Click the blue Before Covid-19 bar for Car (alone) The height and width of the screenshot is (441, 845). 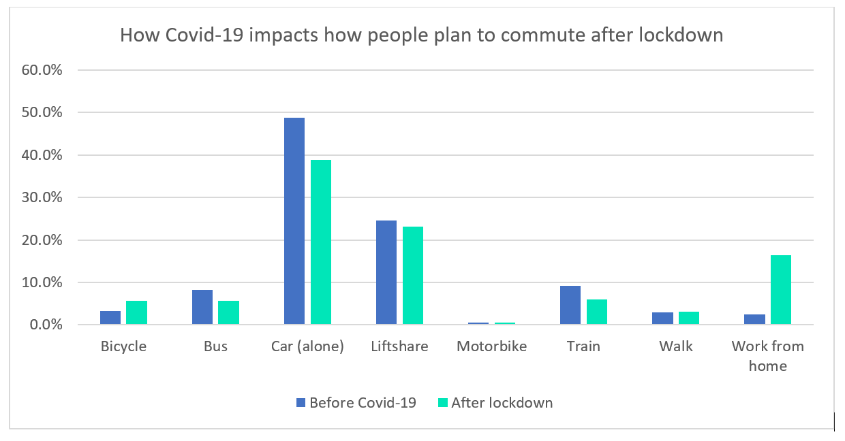pyautogui.click(x=294, y=221)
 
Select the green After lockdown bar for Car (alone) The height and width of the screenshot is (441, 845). pyautogui.click(x=321, y=242)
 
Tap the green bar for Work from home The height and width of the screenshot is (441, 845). pyautogui.click(x=781, y=290)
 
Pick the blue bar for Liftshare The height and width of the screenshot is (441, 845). pyautogui.click(x=386, y=272)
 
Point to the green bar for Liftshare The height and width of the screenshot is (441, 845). pyautogui.click(x=413, y=276)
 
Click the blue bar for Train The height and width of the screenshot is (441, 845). pyautogui.click(x=570, y=305)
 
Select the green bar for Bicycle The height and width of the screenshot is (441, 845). pyautogui.click(x=137, y=312)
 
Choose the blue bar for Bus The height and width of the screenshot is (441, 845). pyautogui.click(x=202, y=307)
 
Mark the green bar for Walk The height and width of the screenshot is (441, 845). pyautogui.click(x=689, y=318)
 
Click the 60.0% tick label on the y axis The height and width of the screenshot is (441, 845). pyautogui.click(x=42, y=70)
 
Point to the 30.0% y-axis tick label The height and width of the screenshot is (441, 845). pyautogui.click(x=42, y=197)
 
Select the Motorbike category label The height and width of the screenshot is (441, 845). pyautogui.click(x=492, y=346)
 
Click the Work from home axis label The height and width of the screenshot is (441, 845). pyautogui.click(x=768, y=356)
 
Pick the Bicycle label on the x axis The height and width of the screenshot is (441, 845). pyautogui.click(x=123, y=346)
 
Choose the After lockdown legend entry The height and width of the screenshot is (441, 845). pyautogui.click(x=494, y=402)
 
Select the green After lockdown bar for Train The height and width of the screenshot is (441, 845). pyautogui.click(x=597, y=312)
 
